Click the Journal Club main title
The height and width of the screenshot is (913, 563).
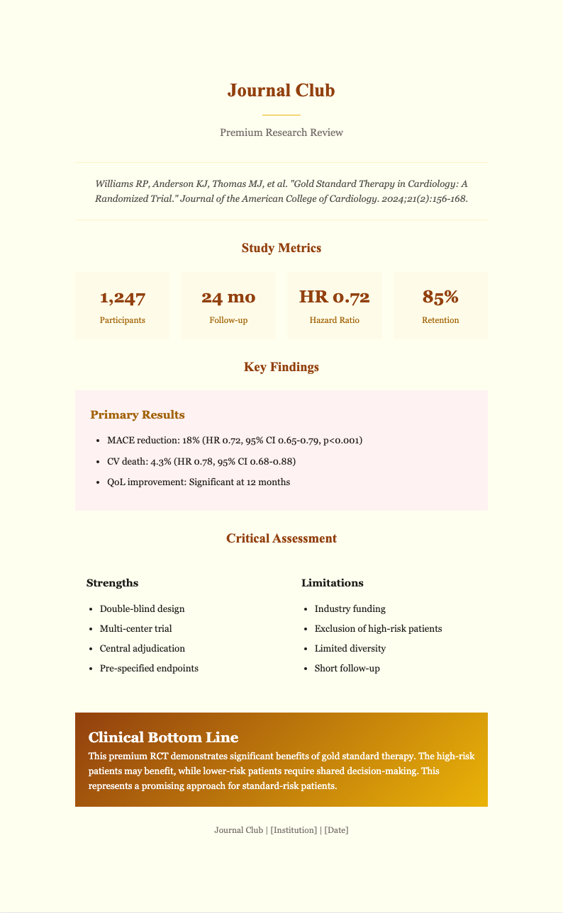tap(281, 91)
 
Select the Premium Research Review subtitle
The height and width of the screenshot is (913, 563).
tap(281, 133)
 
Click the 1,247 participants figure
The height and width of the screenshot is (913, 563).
tap(122, 297)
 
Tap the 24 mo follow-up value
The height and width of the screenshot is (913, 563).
tap(228, 297)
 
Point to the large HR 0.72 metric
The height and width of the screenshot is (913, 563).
tap(334, 297)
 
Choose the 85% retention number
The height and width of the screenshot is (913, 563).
tap(440, 297)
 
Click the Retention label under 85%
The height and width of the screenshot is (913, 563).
tap(440, 320)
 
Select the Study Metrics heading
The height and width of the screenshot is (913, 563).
tap(281, 248)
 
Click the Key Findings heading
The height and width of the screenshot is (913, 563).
tap(281, 367)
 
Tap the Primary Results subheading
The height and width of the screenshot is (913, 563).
tap(138, 414)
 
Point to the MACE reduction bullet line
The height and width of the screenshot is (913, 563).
tap(231, 441)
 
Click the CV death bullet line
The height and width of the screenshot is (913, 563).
tap(198, 461)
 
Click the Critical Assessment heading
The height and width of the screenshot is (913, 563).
tap(281, 538)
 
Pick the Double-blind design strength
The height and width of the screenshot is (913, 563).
tap(142, 608)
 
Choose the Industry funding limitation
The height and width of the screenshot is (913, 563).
tap(350, 608)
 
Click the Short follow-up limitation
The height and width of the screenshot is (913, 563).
tap(347, 668)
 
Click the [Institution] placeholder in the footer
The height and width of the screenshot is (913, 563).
tap(294, 830)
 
